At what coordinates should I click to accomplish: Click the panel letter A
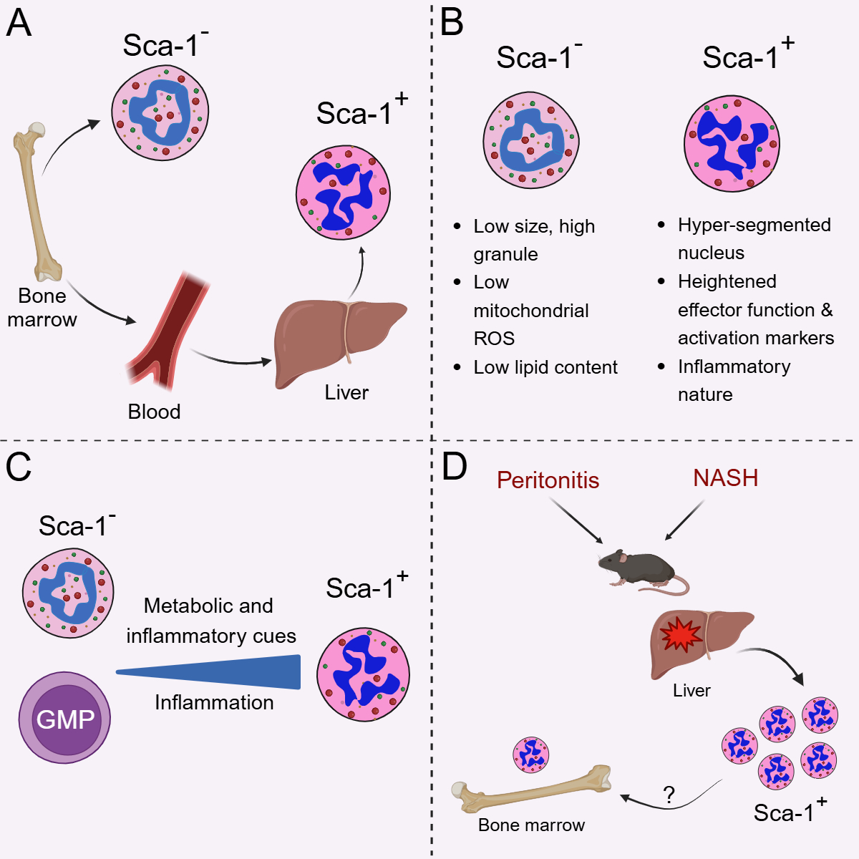pos(19,24)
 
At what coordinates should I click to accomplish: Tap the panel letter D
pos(455,467)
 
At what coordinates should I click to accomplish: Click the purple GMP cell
pos(65,718)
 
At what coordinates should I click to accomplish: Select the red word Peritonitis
pos(548,480)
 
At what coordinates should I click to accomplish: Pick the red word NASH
pos(725,477)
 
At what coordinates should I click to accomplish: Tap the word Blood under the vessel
pos(154,412)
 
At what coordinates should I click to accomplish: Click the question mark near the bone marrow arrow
pos(669,795)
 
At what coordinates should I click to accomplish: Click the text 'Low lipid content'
pos(545,367)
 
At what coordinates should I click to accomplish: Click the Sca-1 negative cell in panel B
pos(531,140)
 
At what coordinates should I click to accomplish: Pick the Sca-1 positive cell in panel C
pos(363,674)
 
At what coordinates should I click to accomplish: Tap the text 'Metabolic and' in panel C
pos(208,606)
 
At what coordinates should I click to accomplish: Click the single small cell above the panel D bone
pos(531,754)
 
